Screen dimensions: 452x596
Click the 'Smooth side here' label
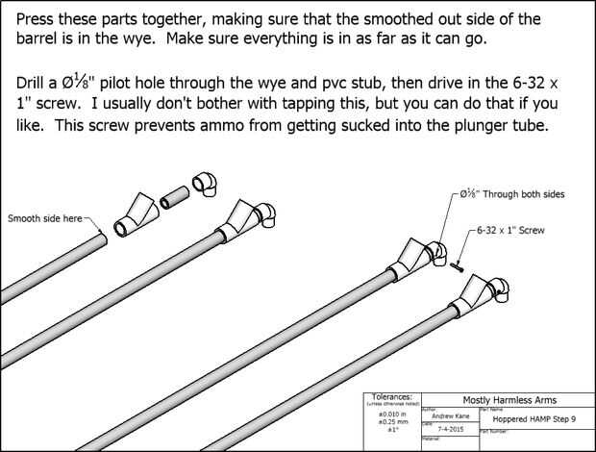(x=44, y=219)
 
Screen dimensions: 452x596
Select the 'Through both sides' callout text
(x=518, y=193)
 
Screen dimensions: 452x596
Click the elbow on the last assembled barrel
(x=499, y=289)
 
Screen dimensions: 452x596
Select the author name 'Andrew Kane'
(x=452, y=416)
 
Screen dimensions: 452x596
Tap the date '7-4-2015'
(x=452, y=429)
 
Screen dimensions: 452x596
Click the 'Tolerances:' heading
(x=391, y=395)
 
